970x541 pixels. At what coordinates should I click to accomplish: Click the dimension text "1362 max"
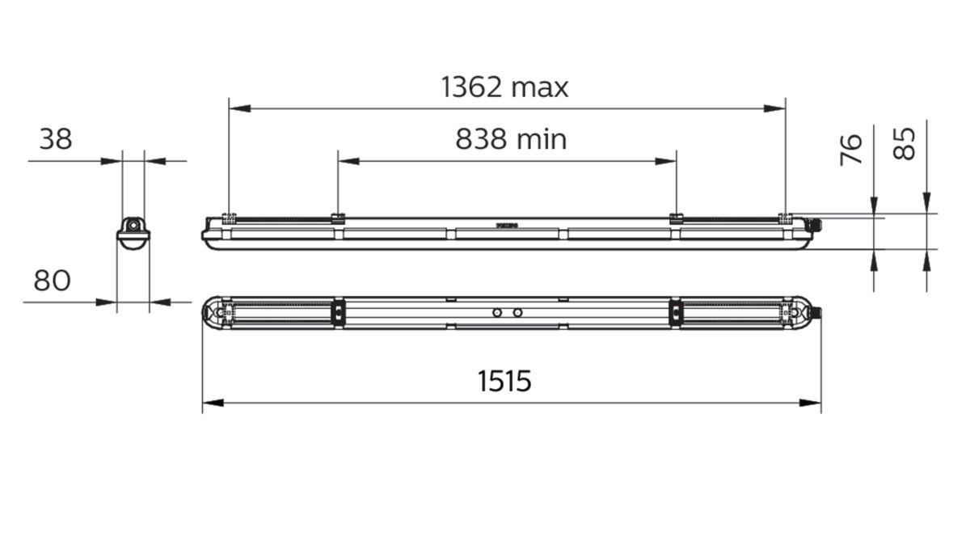(x=504, y=87)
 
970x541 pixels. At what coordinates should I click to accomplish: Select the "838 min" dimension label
(x=511, y=140)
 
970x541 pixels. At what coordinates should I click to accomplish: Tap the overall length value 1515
(x=504, y=380)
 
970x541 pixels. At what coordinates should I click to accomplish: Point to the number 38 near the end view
(x=56, y=140)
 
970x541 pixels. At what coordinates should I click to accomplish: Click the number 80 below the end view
(x=52, y=281)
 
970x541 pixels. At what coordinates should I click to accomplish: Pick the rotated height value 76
(x=852, y=150)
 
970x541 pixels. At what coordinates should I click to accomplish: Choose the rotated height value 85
(x=906, y=144)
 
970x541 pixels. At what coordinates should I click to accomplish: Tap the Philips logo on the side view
(x=505, y=226)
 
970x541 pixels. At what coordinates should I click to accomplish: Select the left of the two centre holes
(x=498, y=312)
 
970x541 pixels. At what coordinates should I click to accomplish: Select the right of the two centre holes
(x=517, y=312)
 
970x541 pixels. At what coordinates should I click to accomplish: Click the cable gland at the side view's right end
(x=817, y=225)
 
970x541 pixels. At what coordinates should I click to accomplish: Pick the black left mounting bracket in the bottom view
(x=339, y=313)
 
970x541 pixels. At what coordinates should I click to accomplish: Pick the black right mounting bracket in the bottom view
(x=674, y=313)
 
